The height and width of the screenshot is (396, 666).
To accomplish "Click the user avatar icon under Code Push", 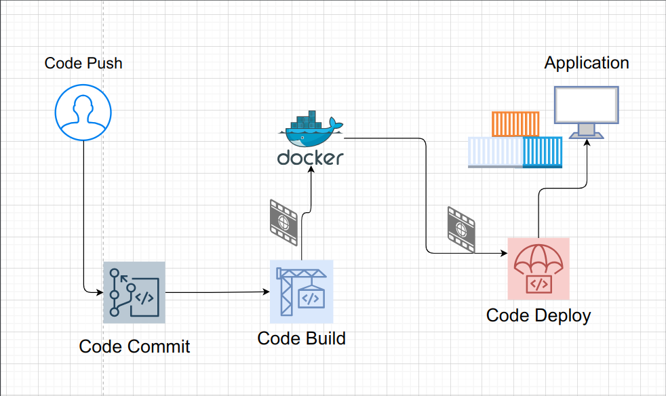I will click(x=83, y=112).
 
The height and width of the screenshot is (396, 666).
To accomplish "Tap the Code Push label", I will click(x=83, y=63).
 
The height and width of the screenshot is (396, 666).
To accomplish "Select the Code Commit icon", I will click(x=134, y=292).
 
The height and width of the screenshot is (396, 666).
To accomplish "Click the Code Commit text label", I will click(x=134, y=346).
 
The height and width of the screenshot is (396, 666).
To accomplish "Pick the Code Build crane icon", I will click(x=301, y=292).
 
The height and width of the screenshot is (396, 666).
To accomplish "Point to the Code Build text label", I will click(x=301, y=338).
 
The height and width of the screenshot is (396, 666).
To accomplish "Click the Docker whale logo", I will click(x=311, y=129).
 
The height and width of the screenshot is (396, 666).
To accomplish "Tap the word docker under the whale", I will click(x=311, y=158).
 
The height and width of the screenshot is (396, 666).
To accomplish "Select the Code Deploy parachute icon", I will click(x=538, y=269).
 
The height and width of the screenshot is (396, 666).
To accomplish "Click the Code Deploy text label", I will click(x=538, y=315).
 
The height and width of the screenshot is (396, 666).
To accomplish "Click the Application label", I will click(x=587, y=63).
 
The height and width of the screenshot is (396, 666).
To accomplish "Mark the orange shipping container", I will click(x=515, y=123).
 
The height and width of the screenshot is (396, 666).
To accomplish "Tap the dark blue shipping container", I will click(x=543, y=152).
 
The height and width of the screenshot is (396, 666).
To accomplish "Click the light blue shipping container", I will click(x=495, y=152).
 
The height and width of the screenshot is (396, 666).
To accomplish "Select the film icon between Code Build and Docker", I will click(x=283, y=222).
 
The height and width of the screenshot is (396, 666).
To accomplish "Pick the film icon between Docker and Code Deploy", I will click(x=461, y=229).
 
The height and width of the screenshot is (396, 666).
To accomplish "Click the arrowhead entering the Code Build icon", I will click(x=266, y=292).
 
